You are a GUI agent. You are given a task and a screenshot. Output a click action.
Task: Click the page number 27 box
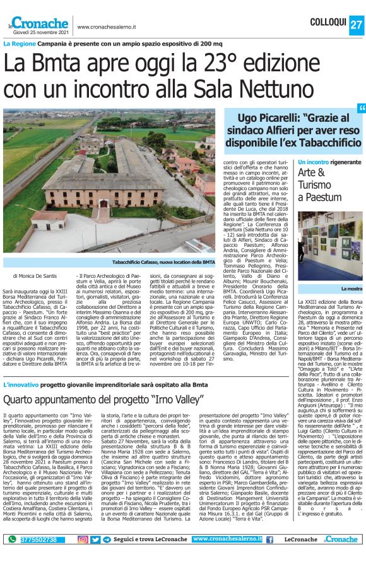[x=356, y=23]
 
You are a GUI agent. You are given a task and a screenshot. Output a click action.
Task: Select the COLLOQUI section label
[x=330, y=23]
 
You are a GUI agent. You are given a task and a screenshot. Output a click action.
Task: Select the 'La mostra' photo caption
[x=351, y=289]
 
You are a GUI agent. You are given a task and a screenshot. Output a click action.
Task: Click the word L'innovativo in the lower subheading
[x=22, y=367]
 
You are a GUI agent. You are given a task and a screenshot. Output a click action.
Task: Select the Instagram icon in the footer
[x=83, y=539]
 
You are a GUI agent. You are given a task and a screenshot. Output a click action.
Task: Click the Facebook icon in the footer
[x=269, y=539]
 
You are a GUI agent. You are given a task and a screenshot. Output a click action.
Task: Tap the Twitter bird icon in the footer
[x=95, y=539]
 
